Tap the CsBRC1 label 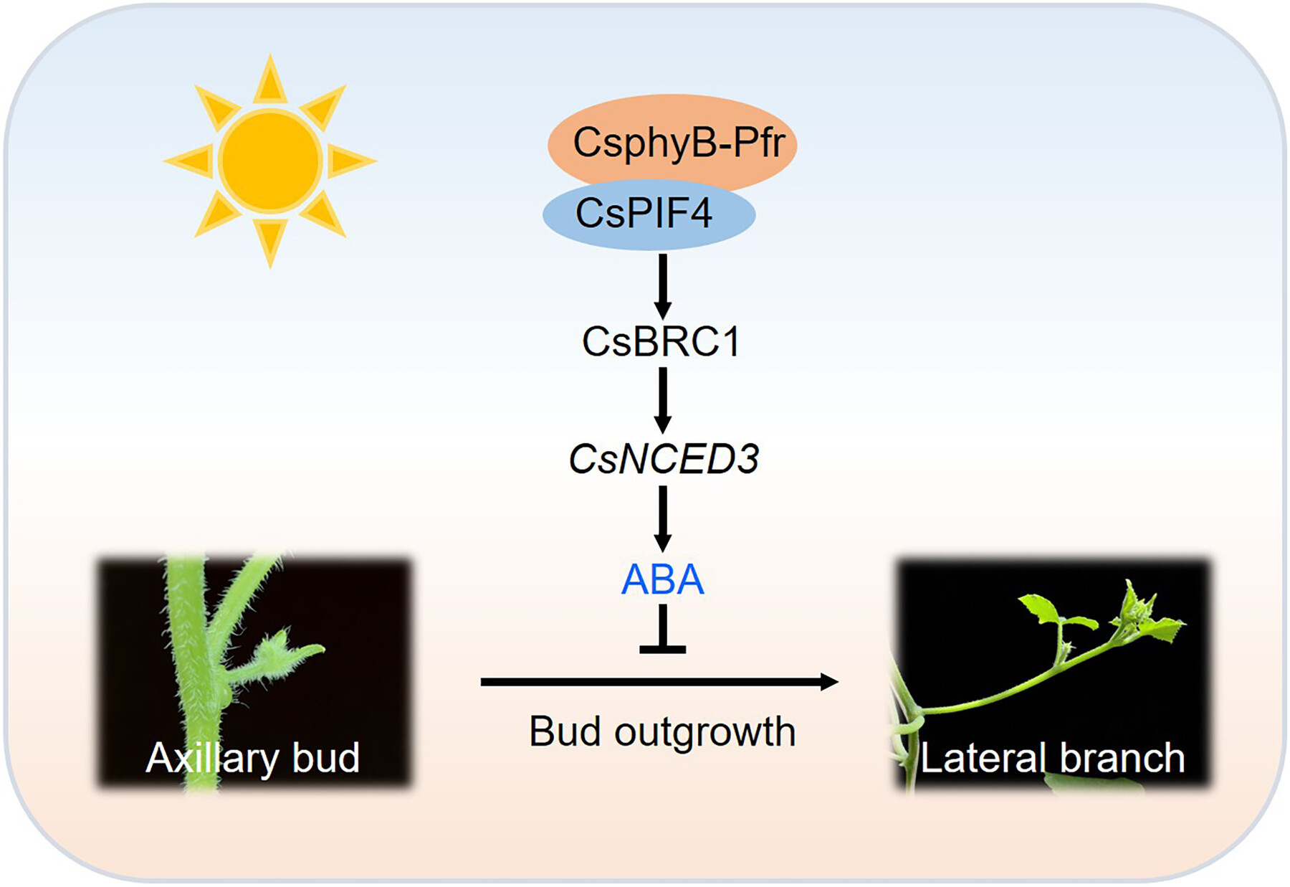tap(661, 341)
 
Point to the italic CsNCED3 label tap(664, 459)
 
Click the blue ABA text tap(662, 579)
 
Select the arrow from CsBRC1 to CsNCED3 tap(663, 399)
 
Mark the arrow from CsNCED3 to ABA tap(663, 518)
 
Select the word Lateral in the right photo tap(983, 758)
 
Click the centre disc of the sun tap(270, 161)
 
